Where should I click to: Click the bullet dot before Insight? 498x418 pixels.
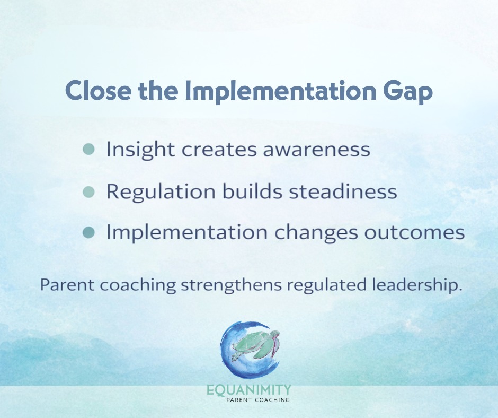coord(89,150)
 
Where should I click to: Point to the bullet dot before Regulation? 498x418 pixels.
coord(89,190)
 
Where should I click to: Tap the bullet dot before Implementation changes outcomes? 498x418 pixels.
coord(89,232)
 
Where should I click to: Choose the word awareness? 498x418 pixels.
coord(315,150)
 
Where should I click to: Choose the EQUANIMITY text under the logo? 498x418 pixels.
coord(249,391)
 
